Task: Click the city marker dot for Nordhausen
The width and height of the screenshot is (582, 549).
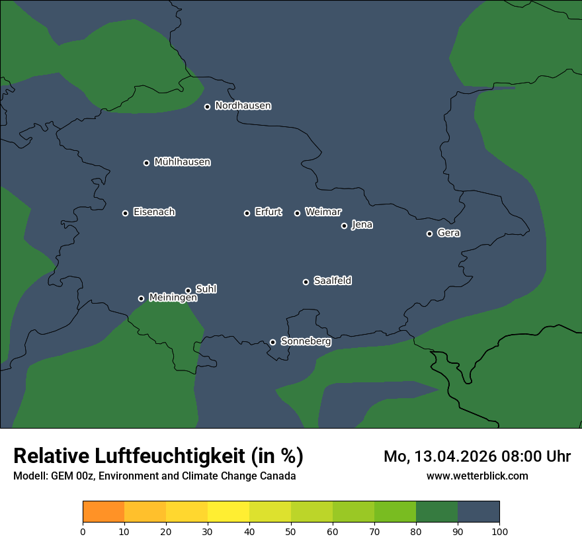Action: [207, 106]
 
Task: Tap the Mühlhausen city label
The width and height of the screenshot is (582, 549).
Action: [183, 162]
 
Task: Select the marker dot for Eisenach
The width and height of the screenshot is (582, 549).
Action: [125, 213]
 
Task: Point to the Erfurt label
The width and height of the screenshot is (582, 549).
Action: [269, 212]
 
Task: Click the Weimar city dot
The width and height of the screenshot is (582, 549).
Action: [297, 213]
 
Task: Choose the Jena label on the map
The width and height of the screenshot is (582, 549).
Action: [362, 225]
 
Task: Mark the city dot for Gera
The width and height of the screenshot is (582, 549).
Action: [429, 233]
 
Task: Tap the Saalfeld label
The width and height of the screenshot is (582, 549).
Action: [333, 281]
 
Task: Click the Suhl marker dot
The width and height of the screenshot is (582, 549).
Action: [188, 290]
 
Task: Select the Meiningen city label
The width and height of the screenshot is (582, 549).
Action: [173, 298]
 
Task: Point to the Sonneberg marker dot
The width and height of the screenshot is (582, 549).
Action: [272, 342]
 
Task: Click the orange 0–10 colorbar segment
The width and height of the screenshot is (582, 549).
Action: [104, 512]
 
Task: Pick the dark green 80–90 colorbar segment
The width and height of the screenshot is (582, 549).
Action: [437, 512]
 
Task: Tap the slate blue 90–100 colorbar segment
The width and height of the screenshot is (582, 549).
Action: [479, 512]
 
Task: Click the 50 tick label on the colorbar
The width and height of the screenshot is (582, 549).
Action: [291, 531]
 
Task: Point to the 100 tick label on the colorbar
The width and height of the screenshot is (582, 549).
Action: [499, 531]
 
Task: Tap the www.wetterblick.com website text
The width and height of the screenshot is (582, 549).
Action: [478, 476]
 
